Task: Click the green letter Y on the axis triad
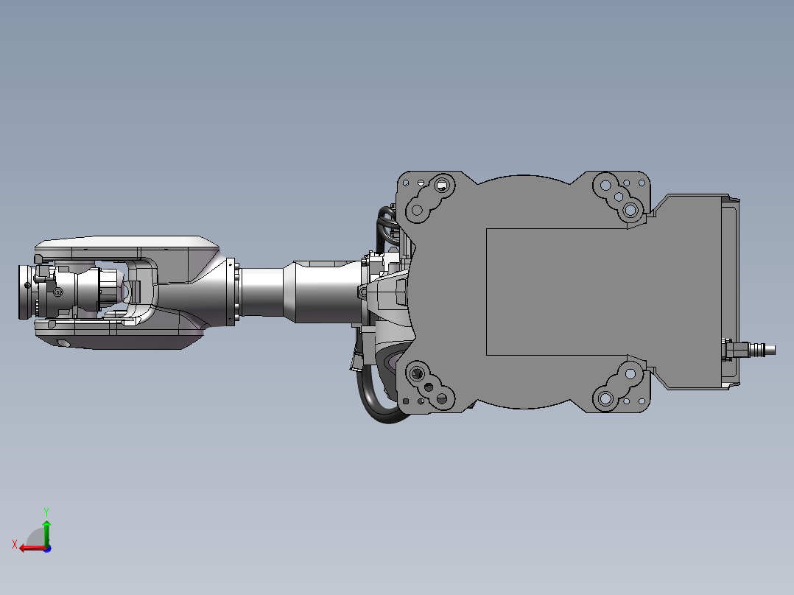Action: (46, 512)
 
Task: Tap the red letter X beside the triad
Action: (15, 544)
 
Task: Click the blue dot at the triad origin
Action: (47, 549)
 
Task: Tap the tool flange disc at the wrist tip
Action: (24, 292)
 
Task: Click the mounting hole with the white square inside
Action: (442, 186)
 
